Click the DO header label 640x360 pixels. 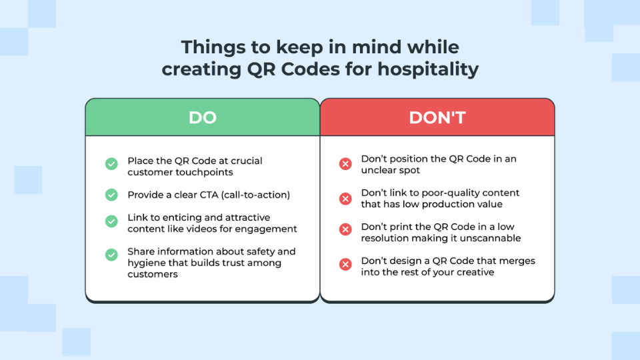click(202, 117)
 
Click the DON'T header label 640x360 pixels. click(437, 117)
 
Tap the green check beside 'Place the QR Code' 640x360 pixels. click(111, 164)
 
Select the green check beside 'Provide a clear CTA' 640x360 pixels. click(111, 195)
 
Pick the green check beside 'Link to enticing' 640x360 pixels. click(111, 221)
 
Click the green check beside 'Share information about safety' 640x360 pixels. click(111, 255)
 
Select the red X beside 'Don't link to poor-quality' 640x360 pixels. click(345, 198)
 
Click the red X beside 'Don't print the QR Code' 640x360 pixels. click(345, 229)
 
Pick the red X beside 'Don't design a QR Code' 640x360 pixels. click(345, 265)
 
